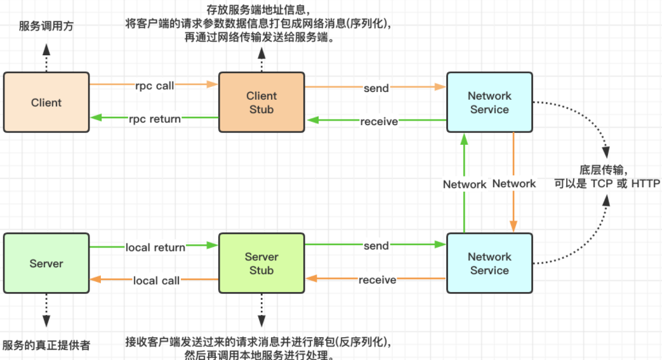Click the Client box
pyautogui.click(x=46, y=102)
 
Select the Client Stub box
pyautogui.click(x=261, y=102)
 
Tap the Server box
pyautogui.click(x=46, y=263)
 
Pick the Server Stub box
pyautogui.click(x=261, y=263)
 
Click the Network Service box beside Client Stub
pyautogui.click(x=489, y=102)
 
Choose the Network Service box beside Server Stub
pyautogui.click(x=489, y=263)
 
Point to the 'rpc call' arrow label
pyautogui.click(x=154, y=86)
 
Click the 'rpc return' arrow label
pyautogui.click(x=155, y=119)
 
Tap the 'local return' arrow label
pyautogui.click(x=156, y=247)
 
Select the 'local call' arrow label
pyautogui.click(x=156, y=281)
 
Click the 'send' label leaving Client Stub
pyautogui.click(x=376, y=88)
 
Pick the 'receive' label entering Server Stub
pyautogui.click(x=378, y=280)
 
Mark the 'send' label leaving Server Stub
pyautogui.click(x=376, y=246)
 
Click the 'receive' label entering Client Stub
pyautogui.click(x=379, y=122)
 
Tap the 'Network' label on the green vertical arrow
pyautogui.click(x=465, y=184)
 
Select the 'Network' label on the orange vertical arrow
pyautogui.click(x=514, y=183)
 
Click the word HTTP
pyautogui.click(x=645, y=183)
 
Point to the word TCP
pyautogui.click(x=602, y=183)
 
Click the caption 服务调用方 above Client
pyautogui.click(x=46, y=26)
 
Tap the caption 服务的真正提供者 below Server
pyautogui.click(x=46, y=345)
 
